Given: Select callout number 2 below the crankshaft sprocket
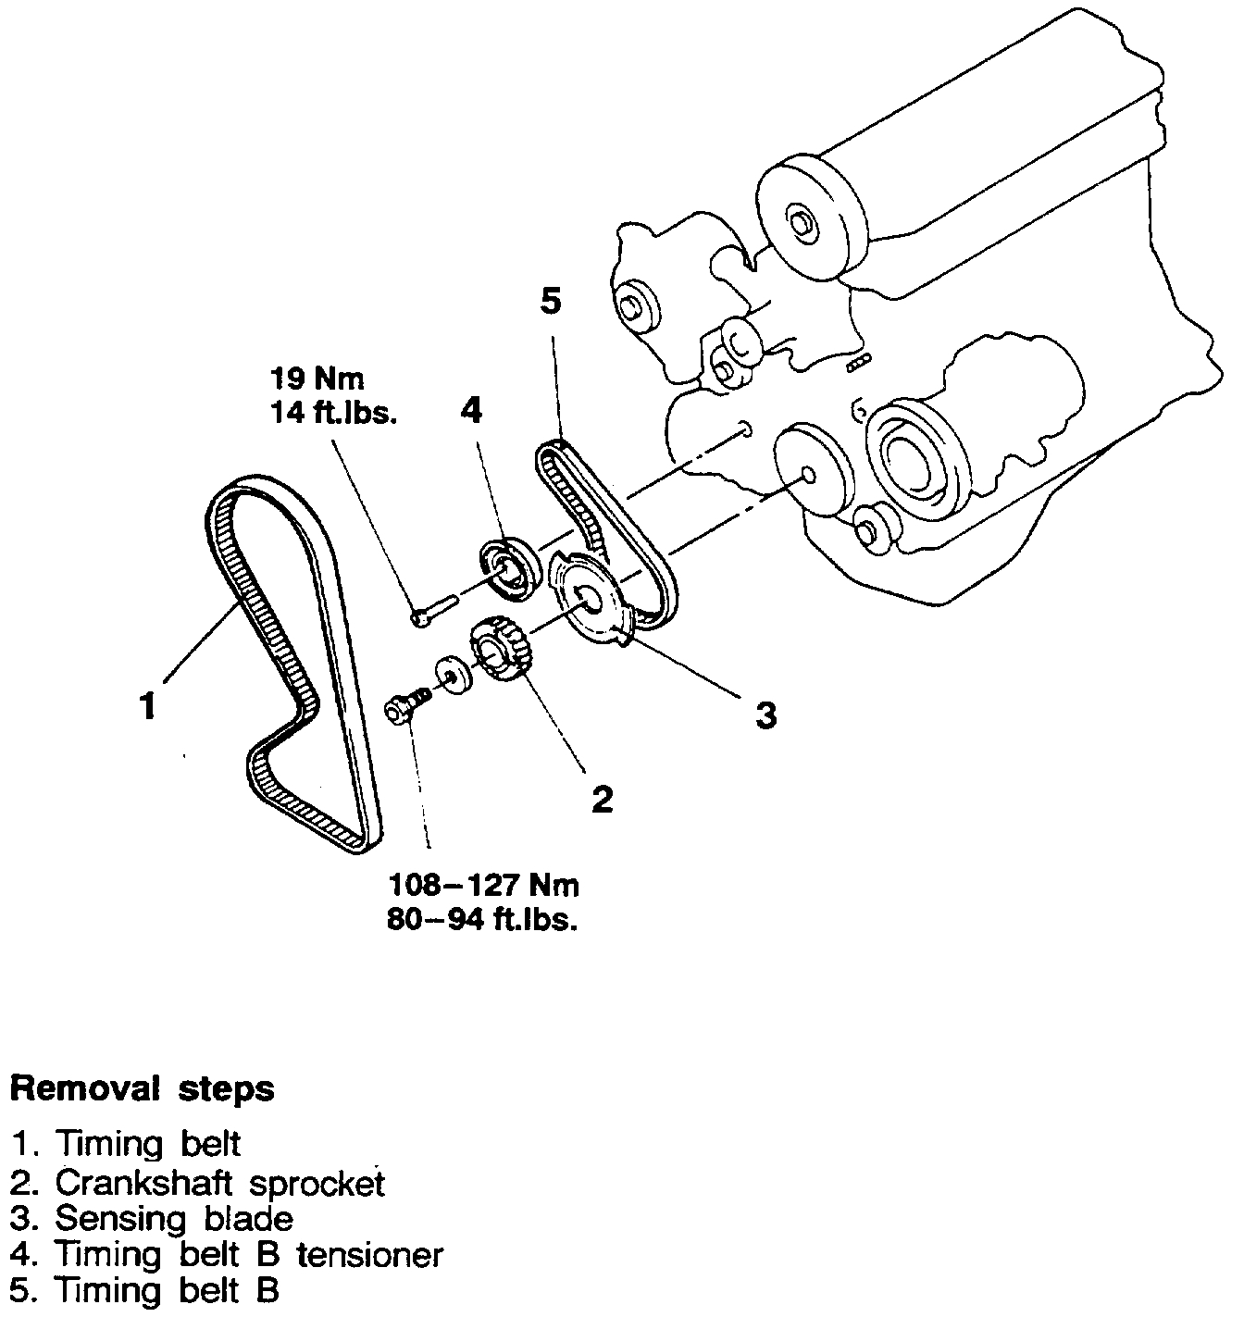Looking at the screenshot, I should tap(603, 797).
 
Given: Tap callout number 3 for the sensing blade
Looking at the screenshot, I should tap(765, 714).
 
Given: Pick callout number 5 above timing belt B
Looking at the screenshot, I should tap(551, 302).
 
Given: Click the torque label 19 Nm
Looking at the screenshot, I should tap(317, 378).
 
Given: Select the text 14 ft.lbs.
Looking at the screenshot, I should tap(333, 414).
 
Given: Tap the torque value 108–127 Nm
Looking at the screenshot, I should tap(483, 885).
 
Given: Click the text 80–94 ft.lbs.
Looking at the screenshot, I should tap(483, 922).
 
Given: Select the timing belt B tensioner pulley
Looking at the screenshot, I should tap(507, 567).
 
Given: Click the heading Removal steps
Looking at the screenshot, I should tap(142, 1088).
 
